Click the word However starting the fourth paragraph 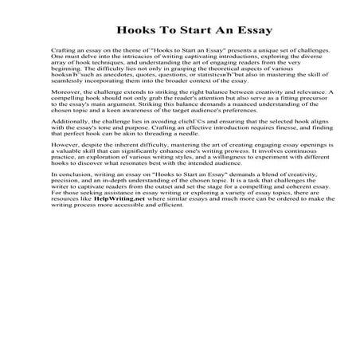point(43,158)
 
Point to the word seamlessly point(48,81)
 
